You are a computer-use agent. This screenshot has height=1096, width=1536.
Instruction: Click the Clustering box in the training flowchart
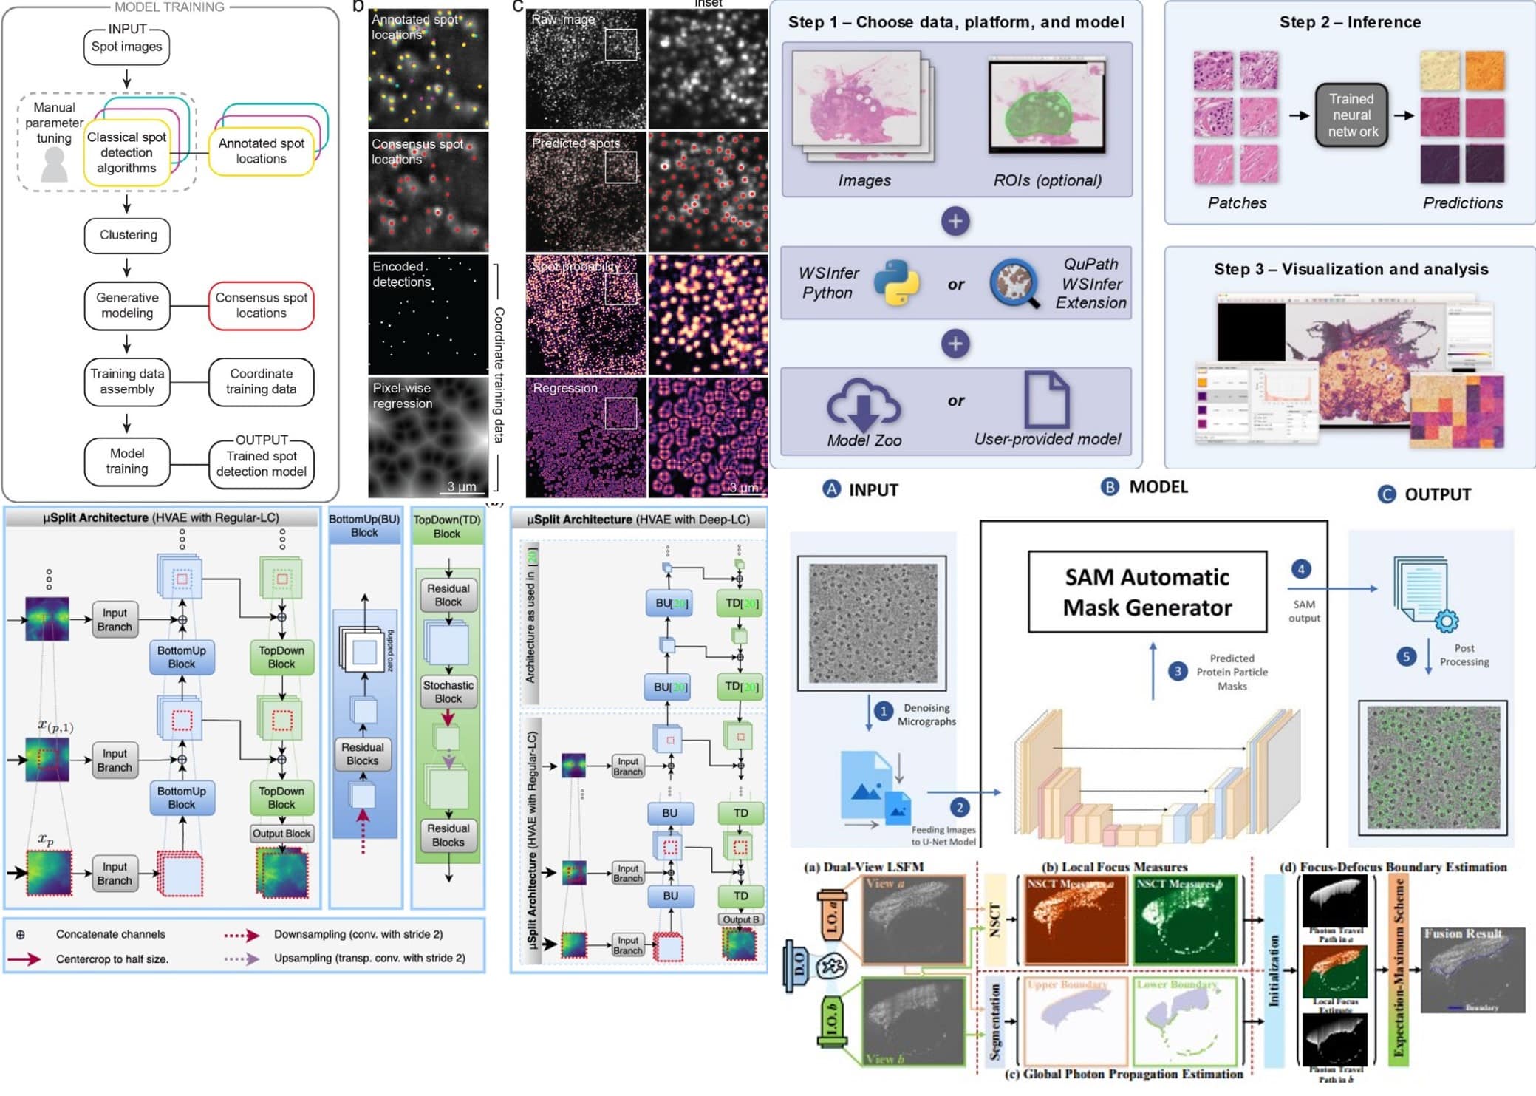(x=128, y=235)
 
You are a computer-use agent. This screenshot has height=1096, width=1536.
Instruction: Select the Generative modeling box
(x=127, y=305)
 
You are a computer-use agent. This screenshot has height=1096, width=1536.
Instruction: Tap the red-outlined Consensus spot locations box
(x=261, y=305)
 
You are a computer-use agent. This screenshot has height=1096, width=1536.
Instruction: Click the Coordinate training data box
(x=261, y=381)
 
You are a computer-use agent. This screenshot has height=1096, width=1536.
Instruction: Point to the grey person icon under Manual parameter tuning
(x=54, y=164)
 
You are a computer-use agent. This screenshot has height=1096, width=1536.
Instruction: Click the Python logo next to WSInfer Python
(x=896, y=283)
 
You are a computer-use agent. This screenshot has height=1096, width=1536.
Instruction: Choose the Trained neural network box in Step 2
(x=1351, y=115)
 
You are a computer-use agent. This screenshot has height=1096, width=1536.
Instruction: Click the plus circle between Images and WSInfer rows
(x=955, y=221)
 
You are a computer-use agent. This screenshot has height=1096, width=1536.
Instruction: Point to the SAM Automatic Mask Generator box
(x=1147, y=592)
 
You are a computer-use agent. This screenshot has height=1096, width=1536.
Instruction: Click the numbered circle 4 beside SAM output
(x=1301, y=569)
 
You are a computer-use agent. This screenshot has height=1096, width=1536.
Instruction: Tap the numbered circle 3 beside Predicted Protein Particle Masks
(x=1178, y=671)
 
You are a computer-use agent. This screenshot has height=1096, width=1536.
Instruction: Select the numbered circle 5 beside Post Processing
(x=1407, y=656)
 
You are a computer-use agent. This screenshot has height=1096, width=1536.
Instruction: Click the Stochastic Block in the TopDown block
(x=448, y=692)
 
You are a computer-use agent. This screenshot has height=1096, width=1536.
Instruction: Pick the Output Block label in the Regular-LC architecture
(x=281, y=834)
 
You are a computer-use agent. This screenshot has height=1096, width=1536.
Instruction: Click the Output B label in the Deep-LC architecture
(x=741, y=920)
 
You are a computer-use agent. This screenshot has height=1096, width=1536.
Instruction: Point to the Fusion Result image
(x=1472, y=970)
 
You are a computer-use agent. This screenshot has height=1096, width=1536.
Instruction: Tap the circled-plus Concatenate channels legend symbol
(x=21, y=935)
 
